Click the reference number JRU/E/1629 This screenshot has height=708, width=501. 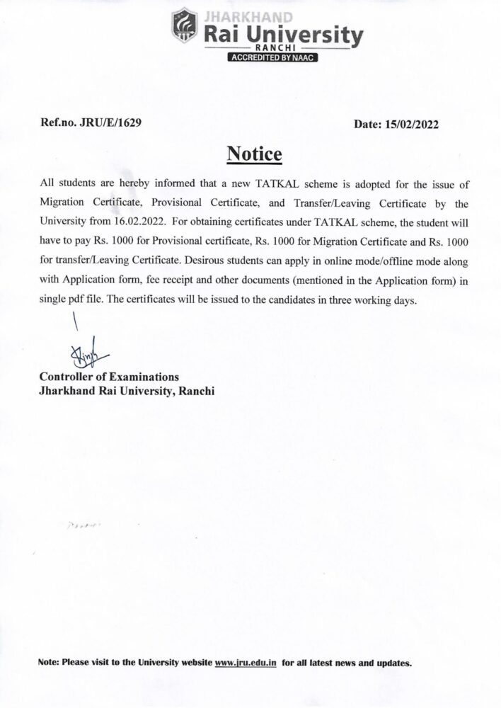point(111,123)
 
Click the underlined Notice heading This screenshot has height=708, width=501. point(254,154)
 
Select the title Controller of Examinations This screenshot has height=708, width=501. point(109,377)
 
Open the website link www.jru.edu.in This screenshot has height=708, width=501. point(245,663)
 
